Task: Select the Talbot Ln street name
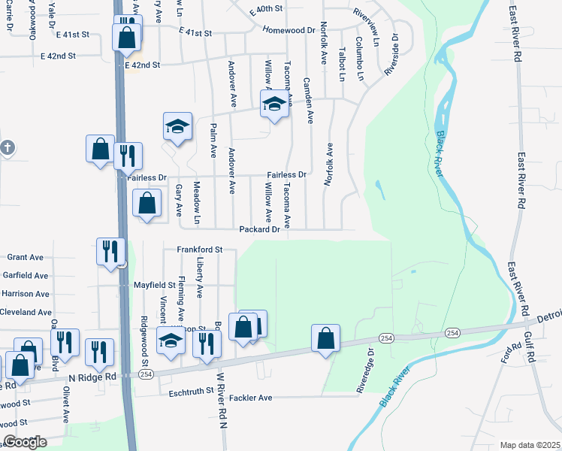coord(342,65)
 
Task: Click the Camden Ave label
coord(307,100)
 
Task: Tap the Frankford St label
coord(200,249)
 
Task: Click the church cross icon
coord(7,147)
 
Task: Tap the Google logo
coord(25,442)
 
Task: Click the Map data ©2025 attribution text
coord(530,445)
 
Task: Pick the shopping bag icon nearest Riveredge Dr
coord(326,338)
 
